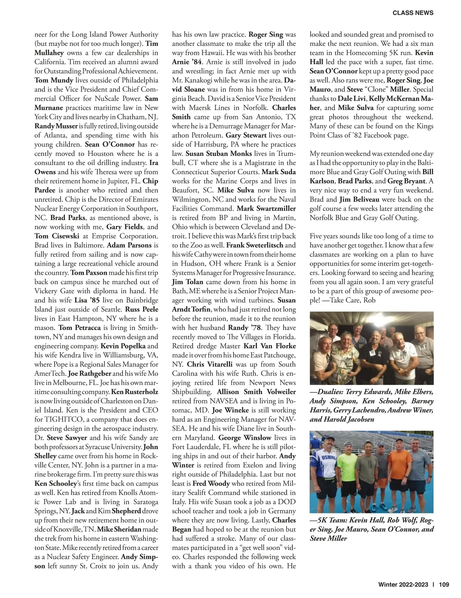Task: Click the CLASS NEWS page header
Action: point(413,13)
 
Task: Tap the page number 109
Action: point(443,585)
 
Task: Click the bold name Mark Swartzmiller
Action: point(266,208)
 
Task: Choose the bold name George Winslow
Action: point(245,438)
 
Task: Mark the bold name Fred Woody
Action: point(211,483)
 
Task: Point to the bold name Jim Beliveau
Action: point(360,199)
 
